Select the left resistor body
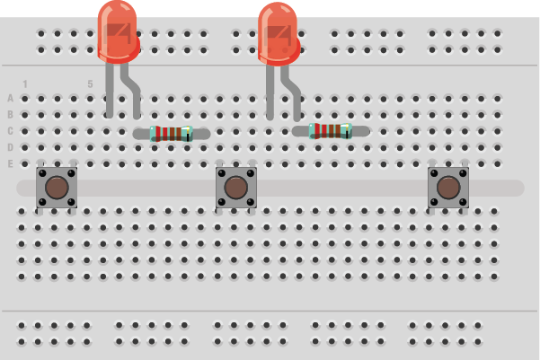coord(171,134)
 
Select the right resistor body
coord(330,131)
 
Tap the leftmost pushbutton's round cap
coord(56,188)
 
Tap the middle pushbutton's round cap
coord(236,188)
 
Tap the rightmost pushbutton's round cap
coord(447,188)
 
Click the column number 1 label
coord(25,84)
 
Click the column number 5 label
coord(90,84)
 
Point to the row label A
coord(11,98)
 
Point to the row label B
coord(11,114)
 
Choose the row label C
coord(11,131)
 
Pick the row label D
coord(11,147)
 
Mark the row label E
coord(11,163)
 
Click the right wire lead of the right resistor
coord(359,130)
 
